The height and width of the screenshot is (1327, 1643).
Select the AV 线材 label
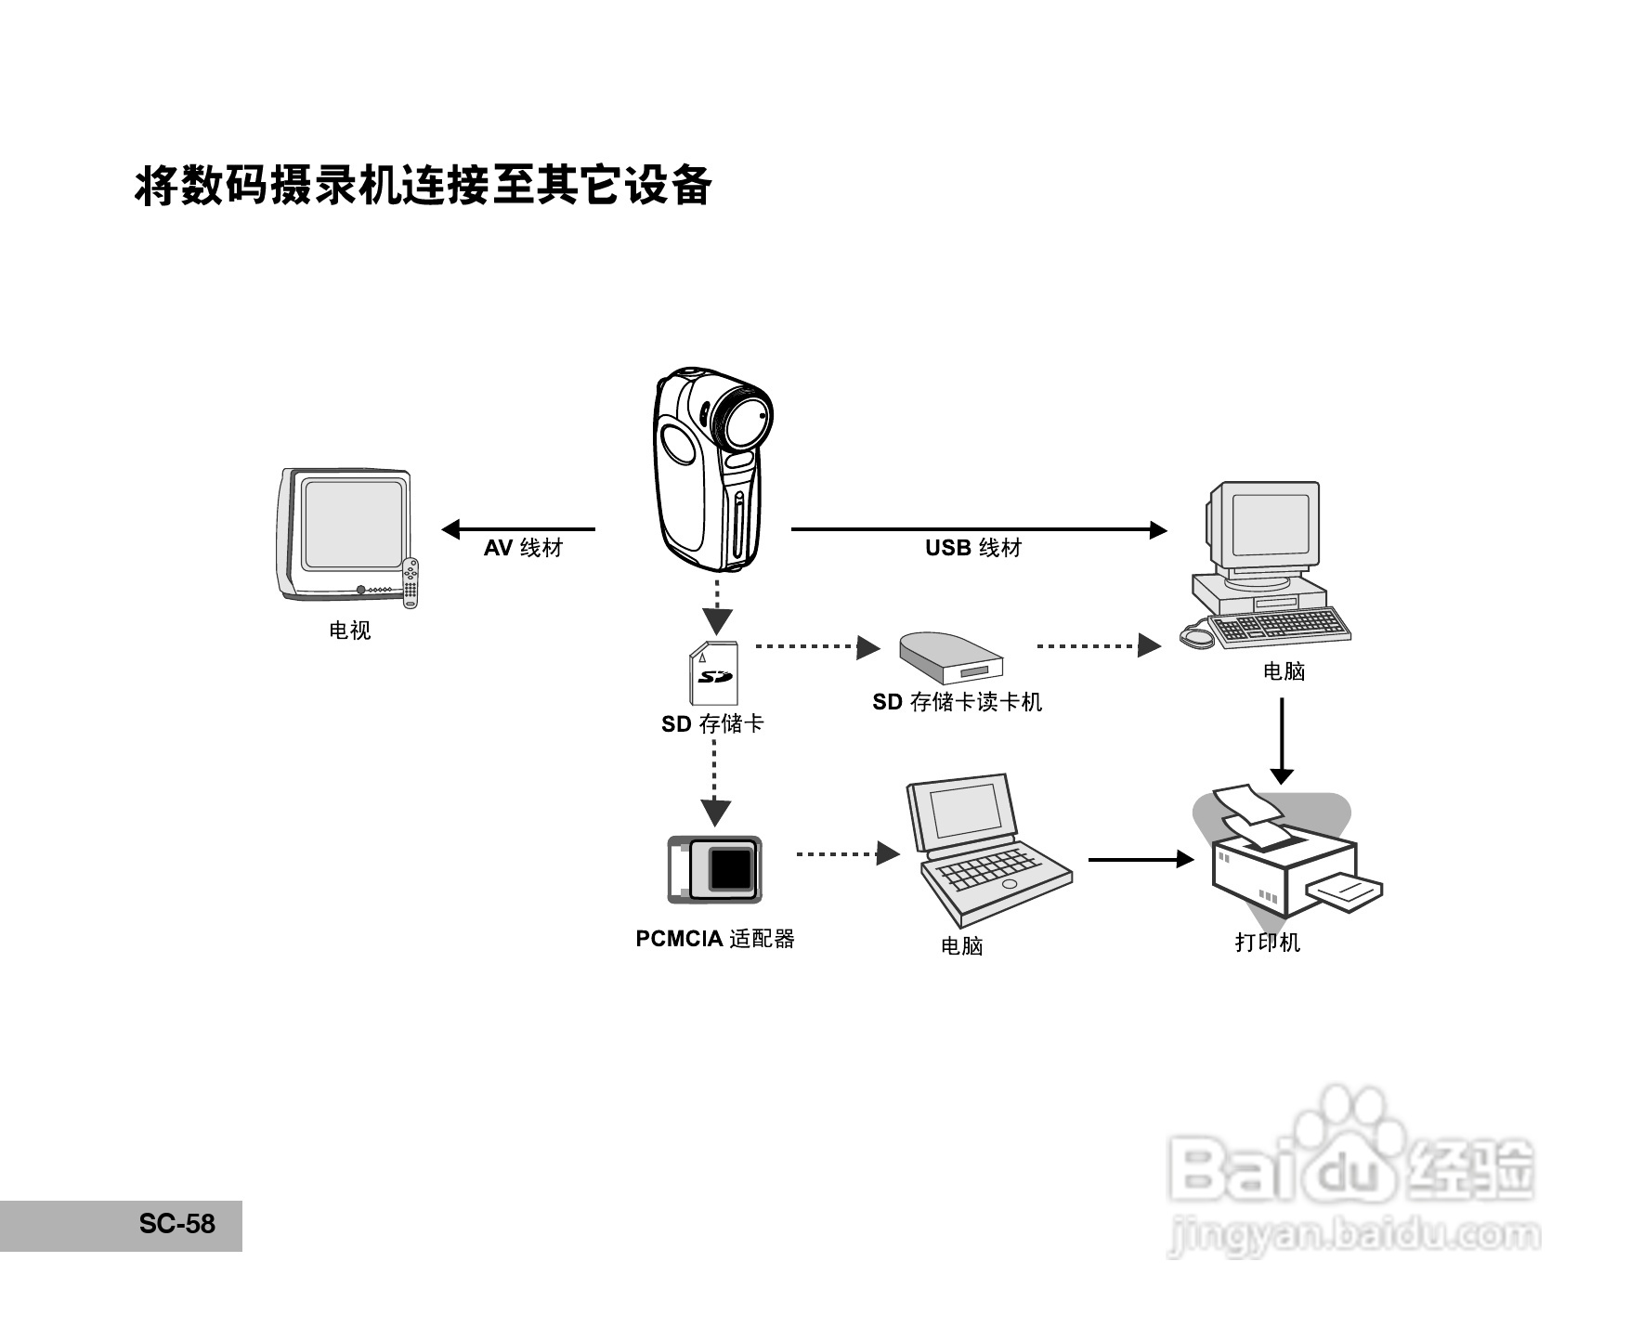[x=523, y=548]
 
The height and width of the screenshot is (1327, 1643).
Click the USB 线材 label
[x=972, y=548]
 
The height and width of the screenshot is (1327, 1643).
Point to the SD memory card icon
[x=713, y=672]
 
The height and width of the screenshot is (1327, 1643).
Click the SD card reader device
[x=951, y=658]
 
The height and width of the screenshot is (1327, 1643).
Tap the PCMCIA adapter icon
[x=714, y=869]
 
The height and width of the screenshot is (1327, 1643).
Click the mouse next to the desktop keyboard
[x=1196, y=637]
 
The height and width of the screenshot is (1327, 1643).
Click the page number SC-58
[x=176, y=1224]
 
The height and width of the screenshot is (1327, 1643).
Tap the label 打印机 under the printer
[x=1267, y=942]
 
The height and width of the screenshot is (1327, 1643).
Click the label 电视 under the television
[x=349, y=631]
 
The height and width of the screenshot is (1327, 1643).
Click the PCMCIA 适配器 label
[x=714, y=939]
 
